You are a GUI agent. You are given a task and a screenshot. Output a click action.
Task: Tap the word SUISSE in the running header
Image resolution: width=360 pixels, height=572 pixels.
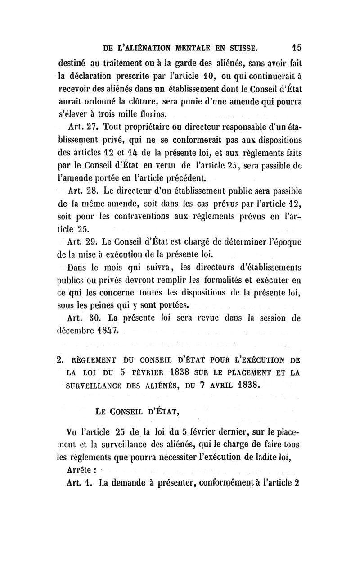(x=239, y=47)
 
